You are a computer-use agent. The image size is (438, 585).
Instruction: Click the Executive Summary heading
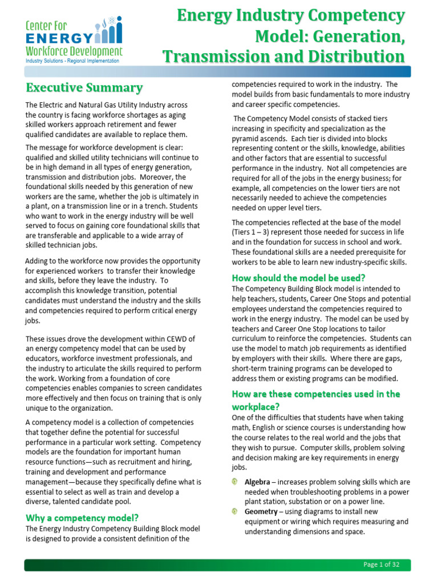click(x=84, y=88)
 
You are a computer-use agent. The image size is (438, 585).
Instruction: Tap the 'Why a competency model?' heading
click(x=82, y=518)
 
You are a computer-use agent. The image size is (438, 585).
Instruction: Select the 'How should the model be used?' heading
click(x=298, y=278)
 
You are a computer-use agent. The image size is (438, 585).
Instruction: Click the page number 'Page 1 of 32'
click(x=382, y=564)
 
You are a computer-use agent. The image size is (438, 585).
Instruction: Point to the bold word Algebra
click(x=258, y=482)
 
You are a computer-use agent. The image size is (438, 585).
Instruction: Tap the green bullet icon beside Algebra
click(x=235, y=482)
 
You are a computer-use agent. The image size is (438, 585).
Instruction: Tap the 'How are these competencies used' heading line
click(x=315, y=394)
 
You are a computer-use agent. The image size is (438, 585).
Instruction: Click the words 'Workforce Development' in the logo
click(x=74, y=51)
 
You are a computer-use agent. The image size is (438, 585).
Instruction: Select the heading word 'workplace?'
click(x=255, y=407)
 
